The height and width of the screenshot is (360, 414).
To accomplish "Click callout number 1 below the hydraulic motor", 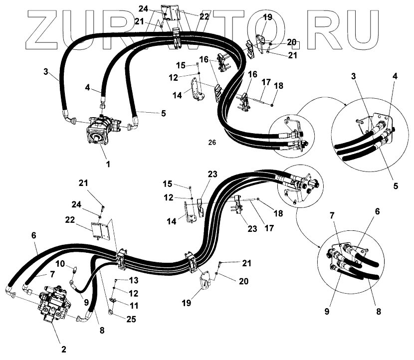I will (x=106, y=164).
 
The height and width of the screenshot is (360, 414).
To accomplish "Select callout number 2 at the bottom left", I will (x=63, y=349).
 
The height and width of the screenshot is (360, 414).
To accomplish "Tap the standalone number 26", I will (x=212, y=143).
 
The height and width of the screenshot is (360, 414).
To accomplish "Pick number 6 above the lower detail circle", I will (x=377, y=212).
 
